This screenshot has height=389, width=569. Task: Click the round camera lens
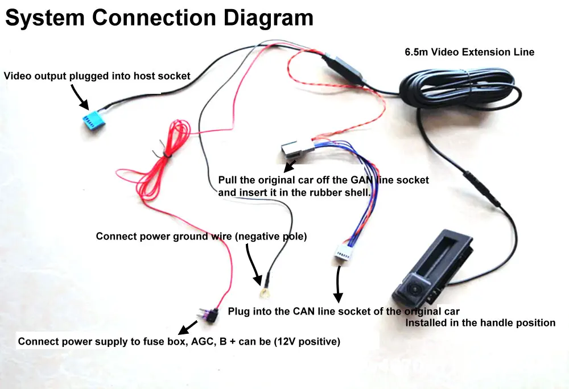click(414, 288)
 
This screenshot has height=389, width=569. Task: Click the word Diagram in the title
click(268, 18)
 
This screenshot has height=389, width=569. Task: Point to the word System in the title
click(44, 18)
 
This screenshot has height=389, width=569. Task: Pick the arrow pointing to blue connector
click(80, 97)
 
